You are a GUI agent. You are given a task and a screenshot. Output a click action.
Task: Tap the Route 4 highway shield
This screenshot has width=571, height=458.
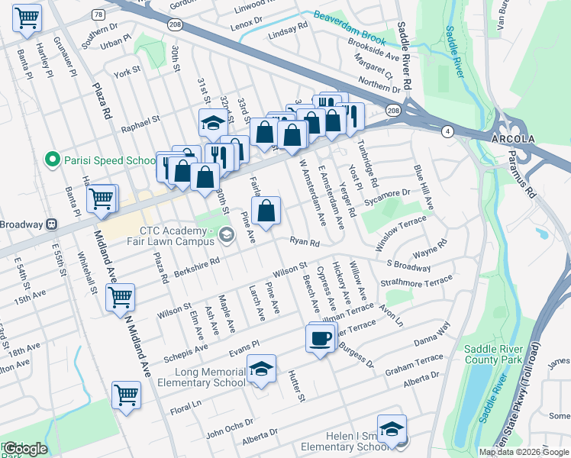[446, 132]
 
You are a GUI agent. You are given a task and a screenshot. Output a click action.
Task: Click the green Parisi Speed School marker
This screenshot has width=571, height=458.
[52, 160]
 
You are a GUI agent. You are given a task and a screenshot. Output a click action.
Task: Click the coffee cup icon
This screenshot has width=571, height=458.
[321, 337]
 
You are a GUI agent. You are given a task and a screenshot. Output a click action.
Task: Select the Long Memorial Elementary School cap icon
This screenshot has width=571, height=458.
[261, 371]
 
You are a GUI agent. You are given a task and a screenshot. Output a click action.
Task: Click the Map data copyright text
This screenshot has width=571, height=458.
[524, 452]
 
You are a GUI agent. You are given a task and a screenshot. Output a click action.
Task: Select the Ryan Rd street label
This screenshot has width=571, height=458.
[304, 241]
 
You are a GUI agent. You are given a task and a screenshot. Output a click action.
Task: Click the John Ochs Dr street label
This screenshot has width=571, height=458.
[227, 429]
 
